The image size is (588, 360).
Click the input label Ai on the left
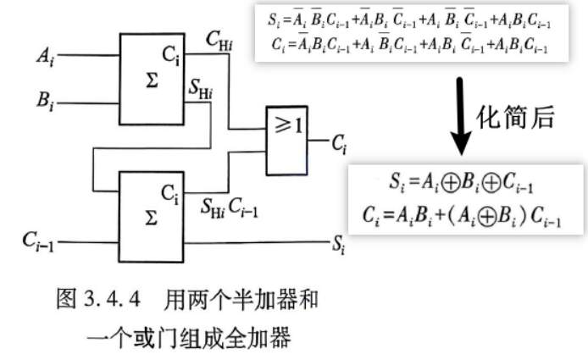pos(46,57)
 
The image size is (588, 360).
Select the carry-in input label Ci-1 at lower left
pos(38,241)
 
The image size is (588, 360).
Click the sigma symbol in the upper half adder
pos(152,80)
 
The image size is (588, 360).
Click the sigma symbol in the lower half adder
pos(151,218)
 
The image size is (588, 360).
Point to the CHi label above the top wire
pos(219,40)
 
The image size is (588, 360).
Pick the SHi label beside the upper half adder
pos(201,90)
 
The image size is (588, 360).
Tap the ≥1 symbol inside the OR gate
pos(288,125)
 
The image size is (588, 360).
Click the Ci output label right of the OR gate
pos(340,144)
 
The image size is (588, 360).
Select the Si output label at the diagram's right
pos(338,245)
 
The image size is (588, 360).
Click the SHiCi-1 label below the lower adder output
pos(229,208)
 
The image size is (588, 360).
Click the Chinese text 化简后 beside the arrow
pos(515,118)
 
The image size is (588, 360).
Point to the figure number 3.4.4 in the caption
pos(112,300)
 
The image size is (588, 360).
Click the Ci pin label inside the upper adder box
pos(171,56)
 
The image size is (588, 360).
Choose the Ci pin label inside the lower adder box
pos(170,194)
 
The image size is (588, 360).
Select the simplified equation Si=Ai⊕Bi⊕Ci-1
pos(461,183)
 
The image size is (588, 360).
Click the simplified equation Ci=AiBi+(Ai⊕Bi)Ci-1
pos(462,217)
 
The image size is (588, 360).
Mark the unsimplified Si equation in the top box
pos(409,19)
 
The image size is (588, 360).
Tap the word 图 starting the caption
pos(66,299)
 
